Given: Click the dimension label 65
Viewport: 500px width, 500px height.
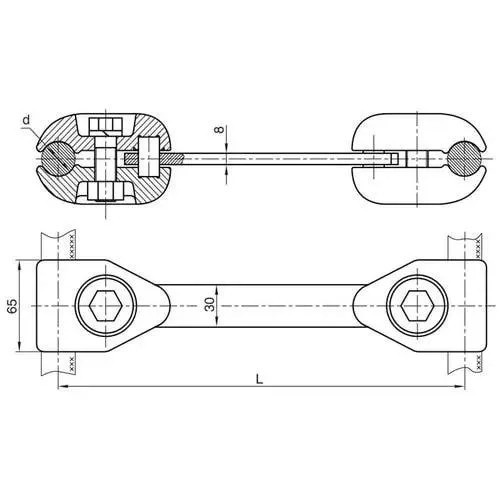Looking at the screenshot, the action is pyautogui.click(x=12, y=306).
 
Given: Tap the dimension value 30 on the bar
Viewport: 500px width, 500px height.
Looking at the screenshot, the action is pyautogui.click(x=210, y=305).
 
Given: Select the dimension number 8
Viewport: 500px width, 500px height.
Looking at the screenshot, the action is pyautogui.click(x=219, y=129).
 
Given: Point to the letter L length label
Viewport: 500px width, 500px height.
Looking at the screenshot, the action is pyautogui.click(x=259, y=379).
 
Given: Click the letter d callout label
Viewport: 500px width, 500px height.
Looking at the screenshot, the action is pyautogui.click(x=27, y=119).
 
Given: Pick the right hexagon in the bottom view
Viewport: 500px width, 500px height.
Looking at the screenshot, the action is pyautogui.click(x=417, y=306).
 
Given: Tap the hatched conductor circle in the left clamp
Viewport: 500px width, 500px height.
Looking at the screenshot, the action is pyautogui.click(x=58, y=158).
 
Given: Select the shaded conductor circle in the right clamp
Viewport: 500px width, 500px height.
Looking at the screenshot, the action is pyautogui.click(x=465, y=158).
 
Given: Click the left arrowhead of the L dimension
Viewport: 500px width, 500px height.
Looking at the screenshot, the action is pyautogui.click(x=63, y=386).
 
